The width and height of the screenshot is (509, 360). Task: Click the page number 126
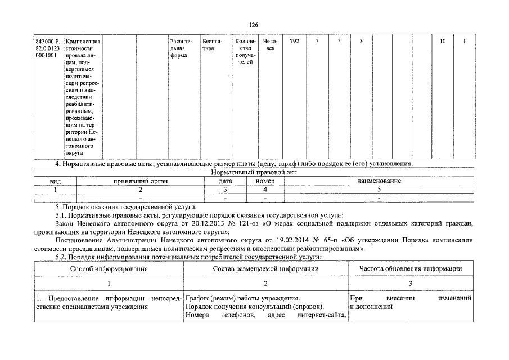coord(254,24)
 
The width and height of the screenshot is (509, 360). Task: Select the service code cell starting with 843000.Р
coord(48,49)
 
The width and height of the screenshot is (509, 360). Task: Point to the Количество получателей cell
coord(246,52)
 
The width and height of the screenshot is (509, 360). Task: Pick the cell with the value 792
coord(294,42)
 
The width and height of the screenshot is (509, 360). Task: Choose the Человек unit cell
coord(271,45)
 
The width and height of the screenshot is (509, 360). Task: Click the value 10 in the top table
coord(443,42)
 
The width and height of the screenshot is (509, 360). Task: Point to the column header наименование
coord(379,182)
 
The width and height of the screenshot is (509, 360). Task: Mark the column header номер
coord(265,182)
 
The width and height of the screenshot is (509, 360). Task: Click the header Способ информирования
coord(109,269)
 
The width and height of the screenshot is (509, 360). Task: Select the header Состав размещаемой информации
coord(265,269)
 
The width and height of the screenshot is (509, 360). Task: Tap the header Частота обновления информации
coord(411,269)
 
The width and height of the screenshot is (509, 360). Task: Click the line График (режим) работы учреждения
coord(242,298)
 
